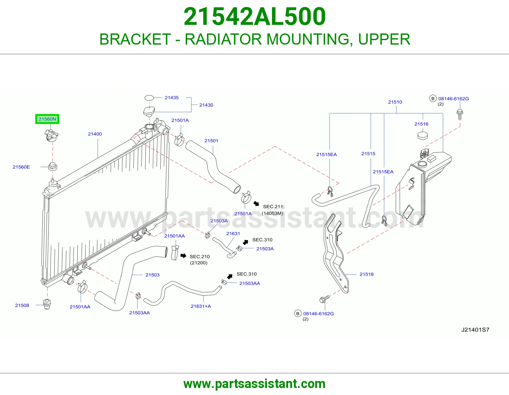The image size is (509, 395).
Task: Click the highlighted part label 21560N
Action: (x=47, y=119)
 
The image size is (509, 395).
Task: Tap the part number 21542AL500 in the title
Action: (x=254, y=17)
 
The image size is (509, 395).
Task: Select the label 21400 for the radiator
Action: (x=95, y=134)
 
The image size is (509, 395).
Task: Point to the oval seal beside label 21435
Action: (x=149, y=98)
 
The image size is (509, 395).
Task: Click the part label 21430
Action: (x=206, y=105)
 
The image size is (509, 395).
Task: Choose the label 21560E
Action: (x=21, y=167)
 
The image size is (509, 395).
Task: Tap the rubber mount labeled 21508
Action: (x=47, y=304)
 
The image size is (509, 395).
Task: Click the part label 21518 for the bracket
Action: (x=366, y=274)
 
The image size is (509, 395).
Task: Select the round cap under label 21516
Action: (x=423, y=136)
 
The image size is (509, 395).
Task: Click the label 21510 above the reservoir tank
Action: (x=395, y=102)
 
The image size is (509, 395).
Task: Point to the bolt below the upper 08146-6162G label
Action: (x=460, y=114)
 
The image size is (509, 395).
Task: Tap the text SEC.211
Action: (x=273, y=207)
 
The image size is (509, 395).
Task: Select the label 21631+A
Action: (x=201, y=306)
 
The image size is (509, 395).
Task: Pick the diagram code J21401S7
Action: (x=475, y=330)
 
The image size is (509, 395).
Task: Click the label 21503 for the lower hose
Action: (x=152, y=275)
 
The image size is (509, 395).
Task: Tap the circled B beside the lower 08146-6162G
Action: (x=298, y=313)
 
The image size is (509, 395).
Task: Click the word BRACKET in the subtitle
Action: (x=135, y=39)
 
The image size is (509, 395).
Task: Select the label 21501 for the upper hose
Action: (x=211, y=141)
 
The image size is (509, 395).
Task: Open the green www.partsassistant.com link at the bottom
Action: (x=254, y=384)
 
